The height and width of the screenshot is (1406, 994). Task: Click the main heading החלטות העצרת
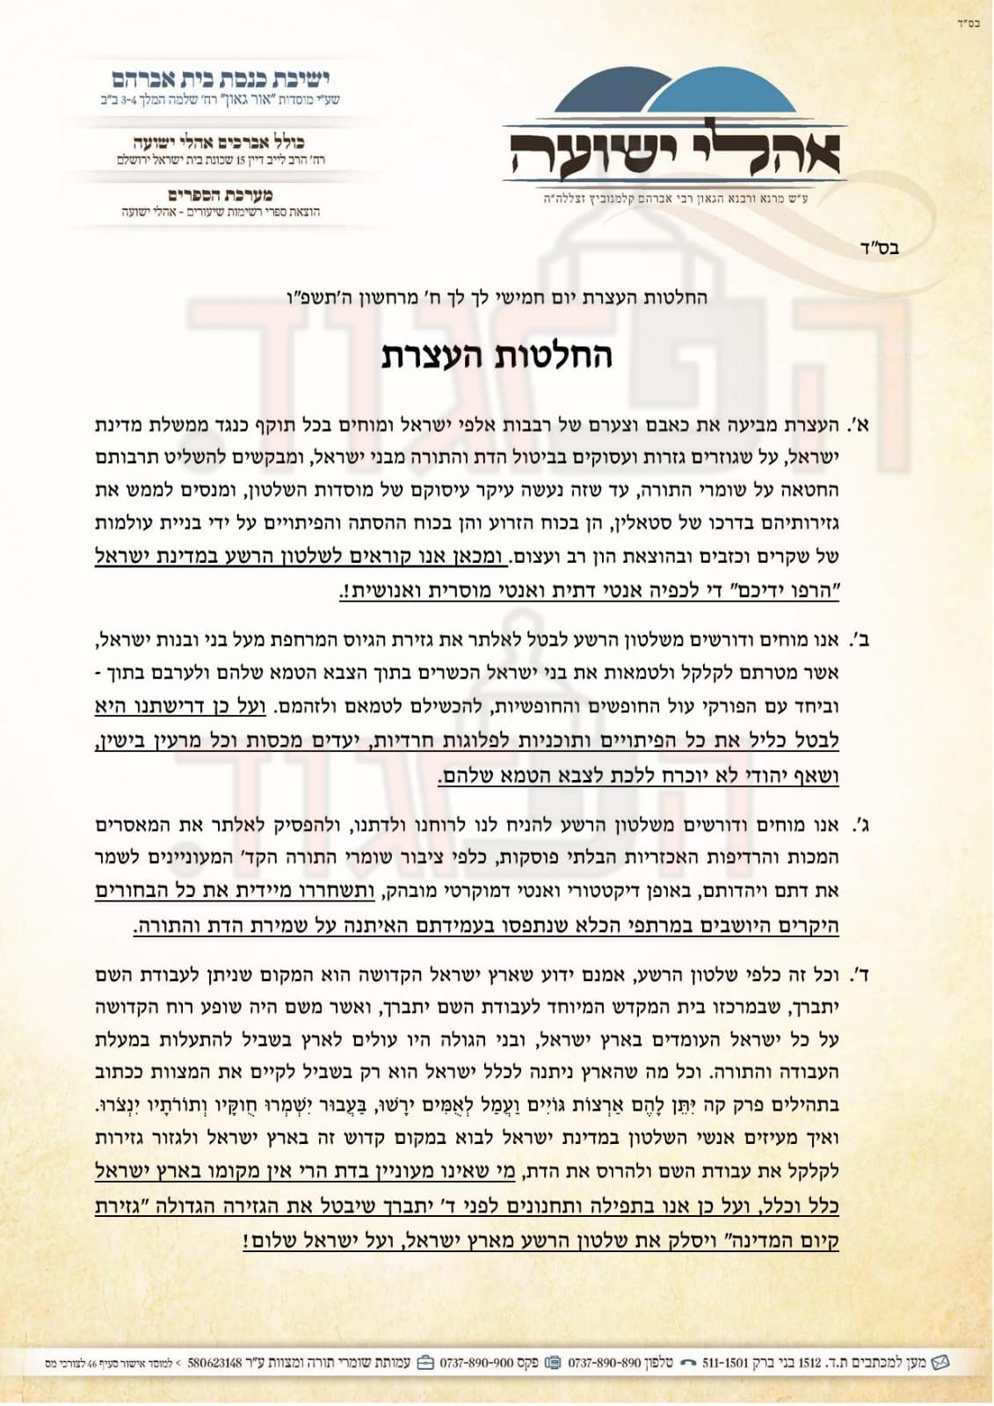pos(497,356)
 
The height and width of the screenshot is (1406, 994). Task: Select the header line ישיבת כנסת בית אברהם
pos(220,78)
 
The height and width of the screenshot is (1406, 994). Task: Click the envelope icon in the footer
pos(940,1363)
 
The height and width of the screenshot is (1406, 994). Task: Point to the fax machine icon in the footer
pos(553,1364)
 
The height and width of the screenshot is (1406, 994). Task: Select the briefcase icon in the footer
pos(425,1364)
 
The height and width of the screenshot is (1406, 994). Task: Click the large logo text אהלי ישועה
pos(672,151)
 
